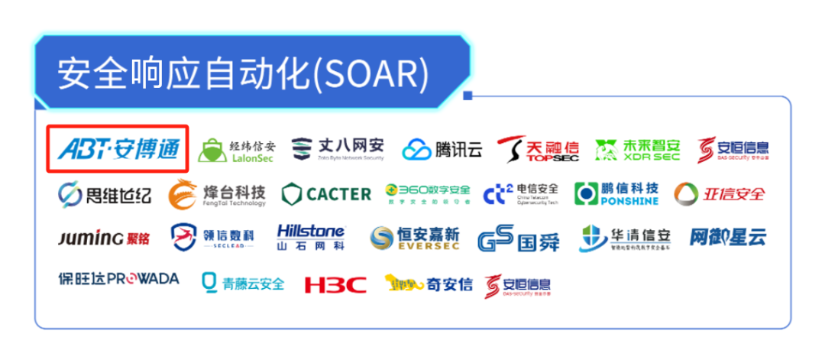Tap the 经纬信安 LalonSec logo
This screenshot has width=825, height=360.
[236, 150]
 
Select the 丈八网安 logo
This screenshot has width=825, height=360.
[338, 148]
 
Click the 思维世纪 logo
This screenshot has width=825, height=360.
[105, 194]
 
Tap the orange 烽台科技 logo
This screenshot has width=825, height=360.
[217, 193]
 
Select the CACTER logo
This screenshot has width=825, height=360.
[326, 194]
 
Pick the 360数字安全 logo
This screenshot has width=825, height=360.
[427, 193]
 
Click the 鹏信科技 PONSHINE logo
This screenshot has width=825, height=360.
[616, 194]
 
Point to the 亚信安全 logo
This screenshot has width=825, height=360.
[719, 193]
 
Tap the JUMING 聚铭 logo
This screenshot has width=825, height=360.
[104, 238]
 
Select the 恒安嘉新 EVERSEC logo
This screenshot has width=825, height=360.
[415, 239]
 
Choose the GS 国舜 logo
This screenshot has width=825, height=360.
[519, 239]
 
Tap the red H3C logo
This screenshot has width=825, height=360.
[335, 284]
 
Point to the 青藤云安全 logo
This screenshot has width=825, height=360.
[242, 283]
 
